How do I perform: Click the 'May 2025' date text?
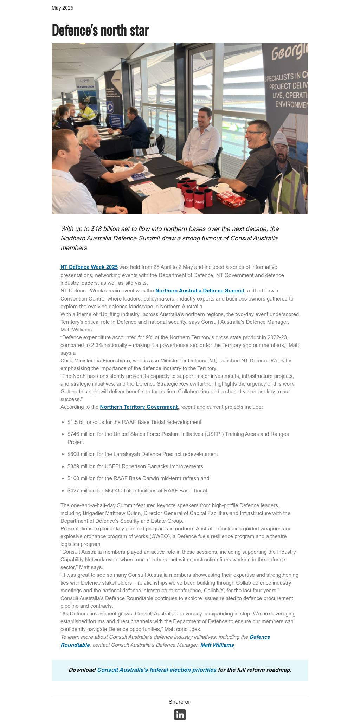point(62,8)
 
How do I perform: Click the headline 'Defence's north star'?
point(100,30)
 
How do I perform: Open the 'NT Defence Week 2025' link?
point(89,267)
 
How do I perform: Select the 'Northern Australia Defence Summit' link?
point(200,291)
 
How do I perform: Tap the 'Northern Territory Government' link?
point(139,407)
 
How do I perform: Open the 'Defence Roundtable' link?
point(259,637)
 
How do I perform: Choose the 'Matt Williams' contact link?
point(217,645)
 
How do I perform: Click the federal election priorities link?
point(156,670)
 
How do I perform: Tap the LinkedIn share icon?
point(180,715)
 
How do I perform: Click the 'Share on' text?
point(180,702)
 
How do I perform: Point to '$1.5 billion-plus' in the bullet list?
point(87,422)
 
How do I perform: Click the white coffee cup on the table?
point(222,187)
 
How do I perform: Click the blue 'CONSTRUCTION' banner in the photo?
point(85,86)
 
